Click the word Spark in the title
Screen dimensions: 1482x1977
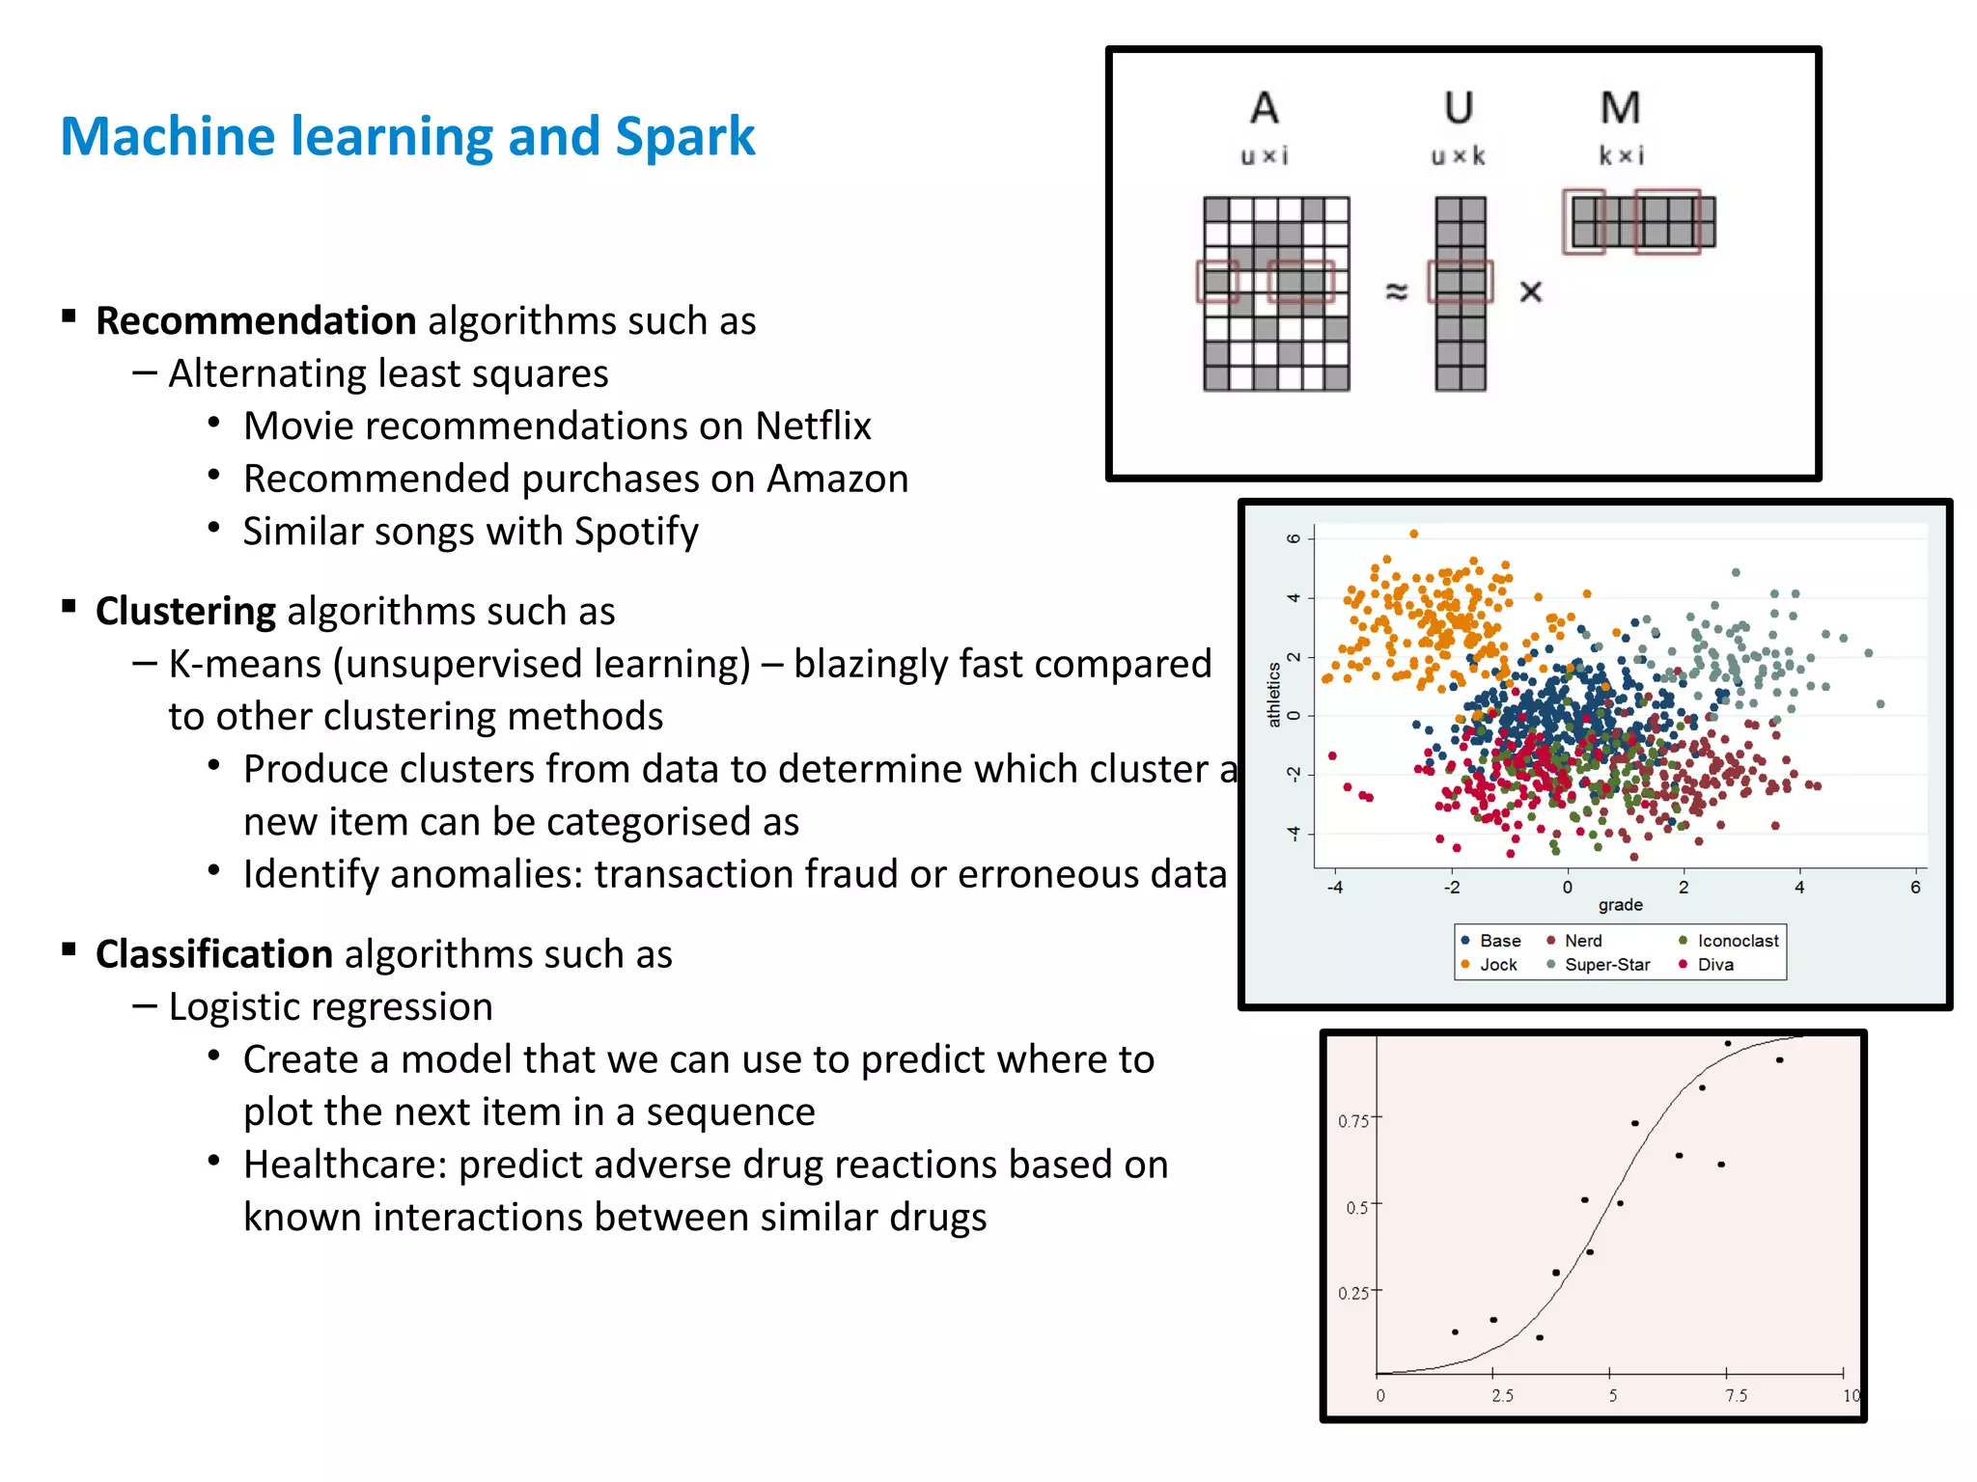click(x=684, y=137)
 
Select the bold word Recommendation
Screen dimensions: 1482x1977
click(x=256, y=321)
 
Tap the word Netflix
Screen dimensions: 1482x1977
click(x=813, y=426)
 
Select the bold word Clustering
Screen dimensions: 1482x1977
click(x=186, y=612)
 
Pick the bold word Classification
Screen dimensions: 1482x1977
click(x=214, y=954)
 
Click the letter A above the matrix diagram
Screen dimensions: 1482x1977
click(x=1265, y=108)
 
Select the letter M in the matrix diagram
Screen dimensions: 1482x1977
click(x=1620, y=108)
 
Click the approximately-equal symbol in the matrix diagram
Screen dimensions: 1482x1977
click(x=1396, y=291)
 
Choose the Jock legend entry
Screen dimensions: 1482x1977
click(x=1498, y=965)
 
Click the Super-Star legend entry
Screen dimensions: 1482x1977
click(x=1606, y=965)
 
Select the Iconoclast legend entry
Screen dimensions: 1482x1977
click(x=1738, y=941)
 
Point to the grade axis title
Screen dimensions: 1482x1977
click(x=1620, y=905)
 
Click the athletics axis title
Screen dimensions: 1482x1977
click(x=1273, y=695)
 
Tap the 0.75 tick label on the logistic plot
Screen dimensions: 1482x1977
click(x=1352, y=1121)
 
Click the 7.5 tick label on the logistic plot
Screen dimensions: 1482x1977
click(x=1736, y=1396)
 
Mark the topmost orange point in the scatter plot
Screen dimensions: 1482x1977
click(x=1414, y=534)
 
